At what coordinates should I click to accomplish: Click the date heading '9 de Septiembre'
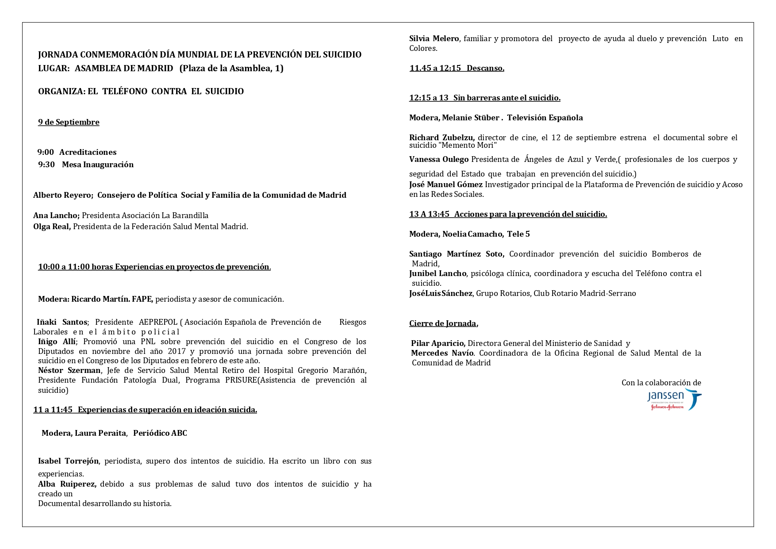(x=69, y=122)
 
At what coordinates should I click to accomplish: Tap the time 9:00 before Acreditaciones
(x=46, y=152)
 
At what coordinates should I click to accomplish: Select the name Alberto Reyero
(x=62, y=195)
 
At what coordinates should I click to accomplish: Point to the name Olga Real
(x=51, y=227)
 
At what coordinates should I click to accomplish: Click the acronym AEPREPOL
(x=158, y=322)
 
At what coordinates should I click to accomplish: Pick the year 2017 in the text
(x=177, y=351)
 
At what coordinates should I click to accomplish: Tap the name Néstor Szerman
(x=69, y=370)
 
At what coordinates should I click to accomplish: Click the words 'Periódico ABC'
(x=160, y=433)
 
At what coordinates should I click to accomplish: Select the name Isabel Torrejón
(x=68, y=461)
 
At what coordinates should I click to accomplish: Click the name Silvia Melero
(x=434, y=38)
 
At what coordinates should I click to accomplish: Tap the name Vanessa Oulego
(x=438, y=159)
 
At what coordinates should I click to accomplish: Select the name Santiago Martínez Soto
(x=456, y=254)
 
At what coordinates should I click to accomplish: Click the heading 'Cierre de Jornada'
(x=442, y=323)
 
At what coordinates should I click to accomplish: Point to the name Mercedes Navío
(x=442, y=353)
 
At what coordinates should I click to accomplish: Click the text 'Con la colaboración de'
(x=661, y=383)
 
